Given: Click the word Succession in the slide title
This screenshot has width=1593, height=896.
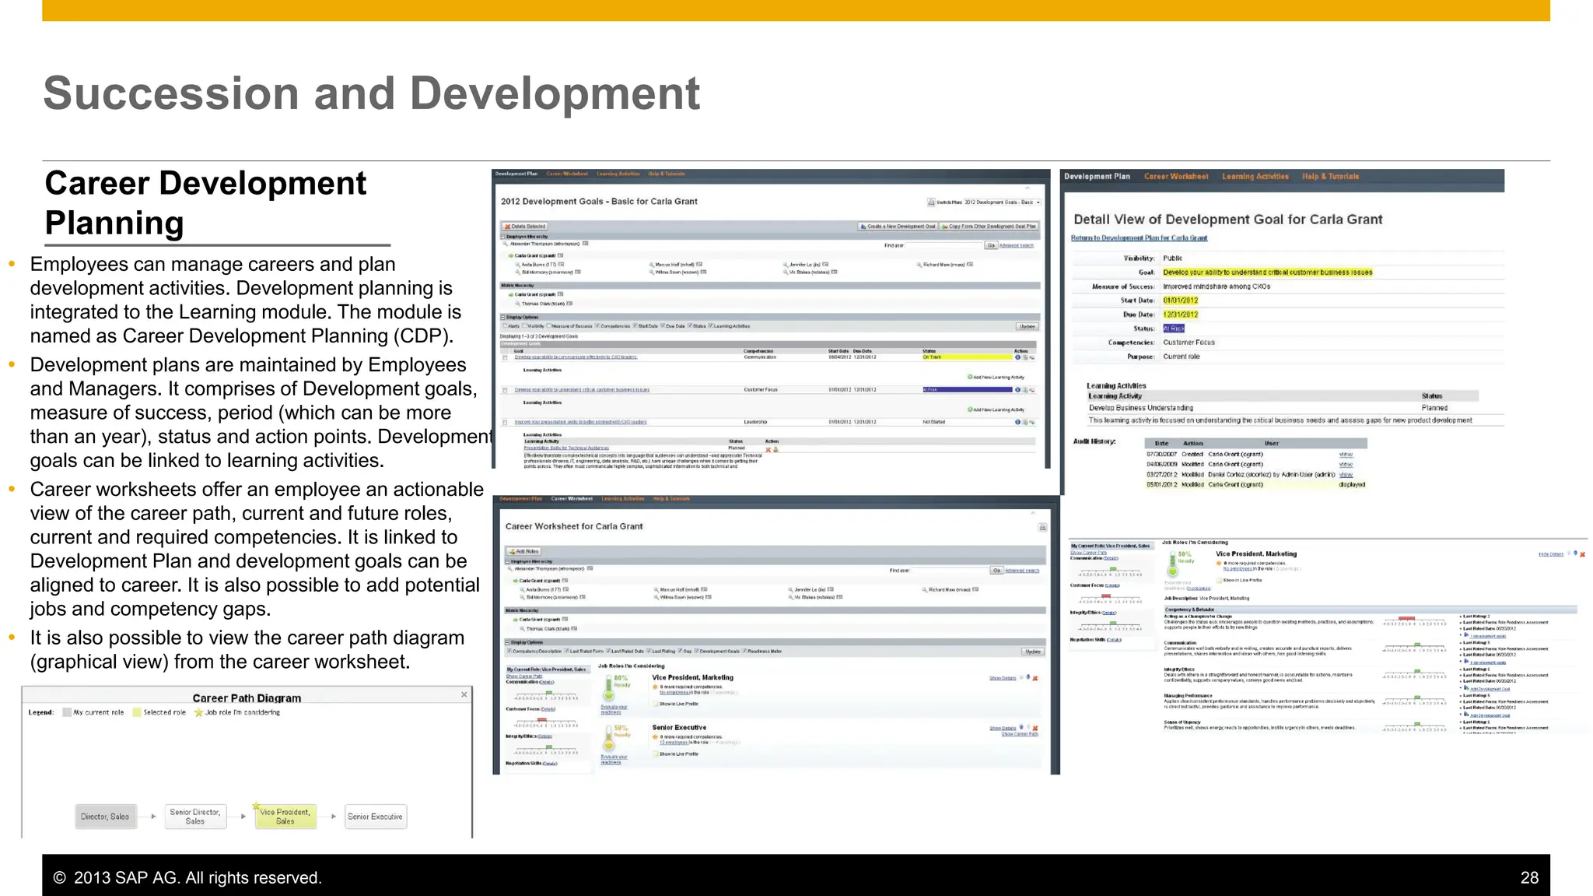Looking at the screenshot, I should (x=171, y=93).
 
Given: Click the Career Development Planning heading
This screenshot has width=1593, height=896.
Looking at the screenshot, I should (x=205, y=203).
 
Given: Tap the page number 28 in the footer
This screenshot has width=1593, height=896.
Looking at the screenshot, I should (x=1528, y=877).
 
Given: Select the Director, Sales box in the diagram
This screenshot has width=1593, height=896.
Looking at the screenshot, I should (x=105, y=817).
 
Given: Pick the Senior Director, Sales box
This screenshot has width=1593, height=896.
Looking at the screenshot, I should (x=195, y=817).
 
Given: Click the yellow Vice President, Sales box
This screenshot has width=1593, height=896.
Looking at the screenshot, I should (x=285, y=817).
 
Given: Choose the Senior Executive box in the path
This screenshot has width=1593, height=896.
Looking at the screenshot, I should (x=375, y=817).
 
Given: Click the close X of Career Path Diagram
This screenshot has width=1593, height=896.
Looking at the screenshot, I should (x=464, y=694).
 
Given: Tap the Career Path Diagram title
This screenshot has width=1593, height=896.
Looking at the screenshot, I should (x=247, y=698).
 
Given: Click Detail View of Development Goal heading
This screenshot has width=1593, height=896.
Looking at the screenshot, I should (x=1227, y=220).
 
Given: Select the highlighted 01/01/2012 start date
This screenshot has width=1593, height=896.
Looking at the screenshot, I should (x=1180, y=300).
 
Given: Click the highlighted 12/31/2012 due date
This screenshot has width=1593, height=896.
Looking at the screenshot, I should (x=1180, y=314).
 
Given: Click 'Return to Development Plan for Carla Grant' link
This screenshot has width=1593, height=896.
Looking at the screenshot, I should (x=1139, y=238).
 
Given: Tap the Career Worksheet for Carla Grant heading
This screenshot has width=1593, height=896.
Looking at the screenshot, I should (x=574, y=526).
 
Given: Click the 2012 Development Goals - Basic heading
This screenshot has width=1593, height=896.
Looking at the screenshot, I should (x=599, y=202).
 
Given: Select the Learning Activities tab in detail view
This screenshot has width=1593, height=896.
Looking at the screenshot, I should (x=1255, y=177).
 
